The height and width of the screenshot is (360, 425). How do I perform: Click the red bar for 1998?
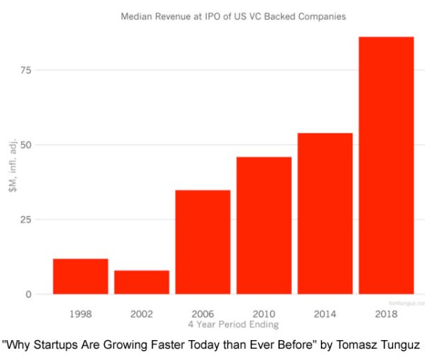tap(80, 276)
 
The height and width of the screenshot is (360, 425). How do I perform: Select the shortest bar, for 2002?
tap(142, 282)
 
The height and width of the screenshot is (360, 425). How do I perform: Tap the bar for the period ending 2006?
tap(203, 242)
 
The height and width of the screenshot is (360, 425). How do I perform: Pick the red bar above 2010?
tap(263, 225)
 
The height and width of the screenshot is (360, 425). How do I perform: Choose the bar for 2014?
tap(324, 213)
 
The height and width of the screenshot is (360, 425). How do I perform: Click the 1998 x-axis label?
tap(80, 313)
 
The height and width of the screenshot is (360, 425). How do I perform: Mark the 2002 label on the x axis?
tap(142, 313)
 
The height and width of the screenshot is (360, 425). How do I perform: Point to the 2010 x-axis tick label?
tap(263, 313)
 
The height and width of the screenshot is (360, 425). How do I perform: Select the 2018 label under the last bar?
tap(386, 313)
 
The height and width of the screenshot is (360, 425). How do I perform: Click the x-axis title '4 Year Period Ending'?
tap(233, 325)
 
